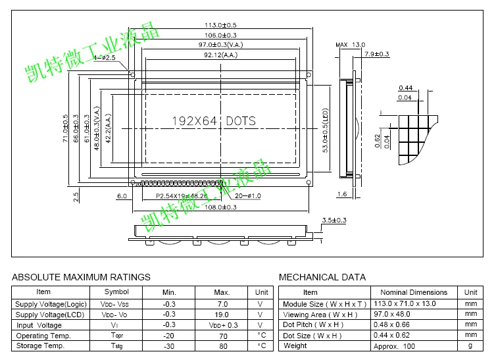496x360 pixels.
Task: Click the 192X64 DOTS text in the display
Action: [214, 121]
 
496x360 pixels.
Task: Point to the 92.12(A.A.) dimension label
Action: [221, 56]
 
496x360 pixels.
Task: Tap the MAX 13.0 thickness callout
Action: [350, 45]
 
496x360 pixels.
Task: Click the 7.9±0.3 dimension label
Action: [377, 54]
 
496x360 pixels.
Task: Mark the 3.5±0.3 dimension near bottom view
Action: [334, 220]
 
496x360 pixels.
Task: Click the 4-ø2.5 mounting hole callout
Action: [105, 58]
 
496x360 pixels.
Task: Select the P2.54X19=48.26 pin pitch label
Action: [182, 196]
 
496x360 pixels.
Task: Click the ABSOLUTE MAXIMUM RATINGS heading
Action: [81, 277]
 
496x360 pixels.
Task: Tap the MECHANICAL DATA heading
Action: [322, 277]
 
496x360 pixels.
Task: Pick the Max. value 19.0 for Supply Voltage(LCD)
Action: [222, 315]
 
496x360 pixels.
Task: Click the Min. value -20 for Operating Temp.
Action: [169, 336]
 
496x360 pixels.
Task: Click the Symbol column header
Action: [116, 292]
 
